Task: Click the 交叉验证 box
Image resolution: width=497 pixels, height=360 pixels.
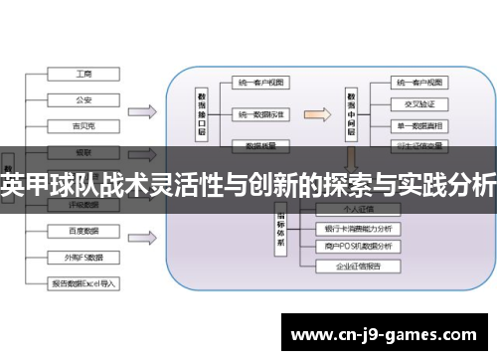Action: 419,101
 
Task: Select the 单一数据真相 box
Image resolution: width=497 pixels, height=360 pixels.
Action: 419,124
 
